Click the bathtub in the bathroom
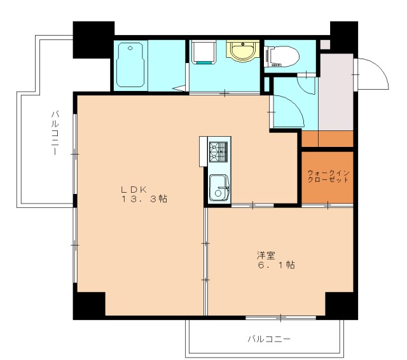coord(132,66)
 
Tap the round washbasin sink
coord(241,52)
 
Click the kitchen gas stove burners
coord(218,152)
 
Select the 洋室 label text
coord(266,255)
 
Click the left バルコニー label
coord(55,134)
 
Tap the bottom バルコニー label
coord(269,338)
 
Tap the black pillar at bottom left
coord(88,305)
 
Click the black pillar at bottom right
coord(340,305)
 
